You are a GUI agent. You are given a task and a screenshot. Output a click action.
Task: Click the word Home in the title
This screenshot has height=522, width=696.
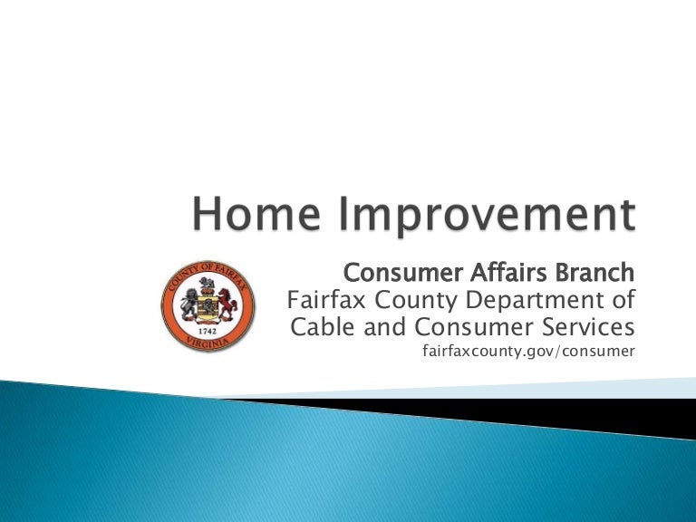[x=256, y=214]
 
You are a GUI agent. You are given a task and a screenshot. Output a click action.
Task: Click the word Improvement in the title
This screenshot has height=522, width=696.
[x=487, y=217]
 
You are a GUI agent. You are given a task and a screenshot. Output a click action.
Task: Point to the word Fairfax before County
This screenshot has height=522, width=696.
[x=326, y=300]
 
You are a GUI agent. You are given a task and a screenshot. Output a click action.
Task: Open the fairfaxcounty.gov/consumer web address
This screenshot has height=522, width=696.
[x=528, y=351]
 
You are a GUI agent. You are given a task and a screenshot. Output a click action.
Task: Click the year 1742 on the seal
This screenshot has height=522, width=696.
[x=208, y=332]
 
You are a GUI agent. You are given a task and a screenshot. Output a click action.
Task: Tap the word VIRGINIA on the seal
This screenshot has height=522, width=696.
[x=208, y=343]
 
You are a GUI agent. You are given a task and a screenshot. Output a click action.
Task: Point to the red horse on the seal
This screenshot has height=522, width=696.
[x=227, y=304]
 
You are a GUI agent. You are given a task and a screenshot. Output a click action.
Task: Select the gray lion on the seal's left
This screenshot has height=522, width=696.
[x=189, y=304]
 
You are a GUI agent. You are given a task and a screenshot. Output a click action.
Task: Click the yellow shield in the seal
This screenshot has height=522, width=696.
[x=208, y=308]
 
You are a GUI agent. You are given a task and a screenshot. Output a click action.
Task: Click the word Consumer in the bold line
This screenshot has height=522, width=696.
[x=403, y=273]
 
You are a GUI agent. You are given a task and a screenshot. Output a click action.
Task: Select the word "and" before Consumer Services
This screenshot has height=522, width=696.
[x=384, y=326]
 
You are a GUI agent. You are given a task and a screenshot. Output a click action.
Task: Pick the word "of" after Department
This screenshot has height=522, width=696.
[x=623, y=300]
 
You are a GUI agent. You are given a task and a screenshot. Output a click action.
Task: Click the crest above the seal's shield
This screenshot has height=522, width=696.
[x=207, y=285]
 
